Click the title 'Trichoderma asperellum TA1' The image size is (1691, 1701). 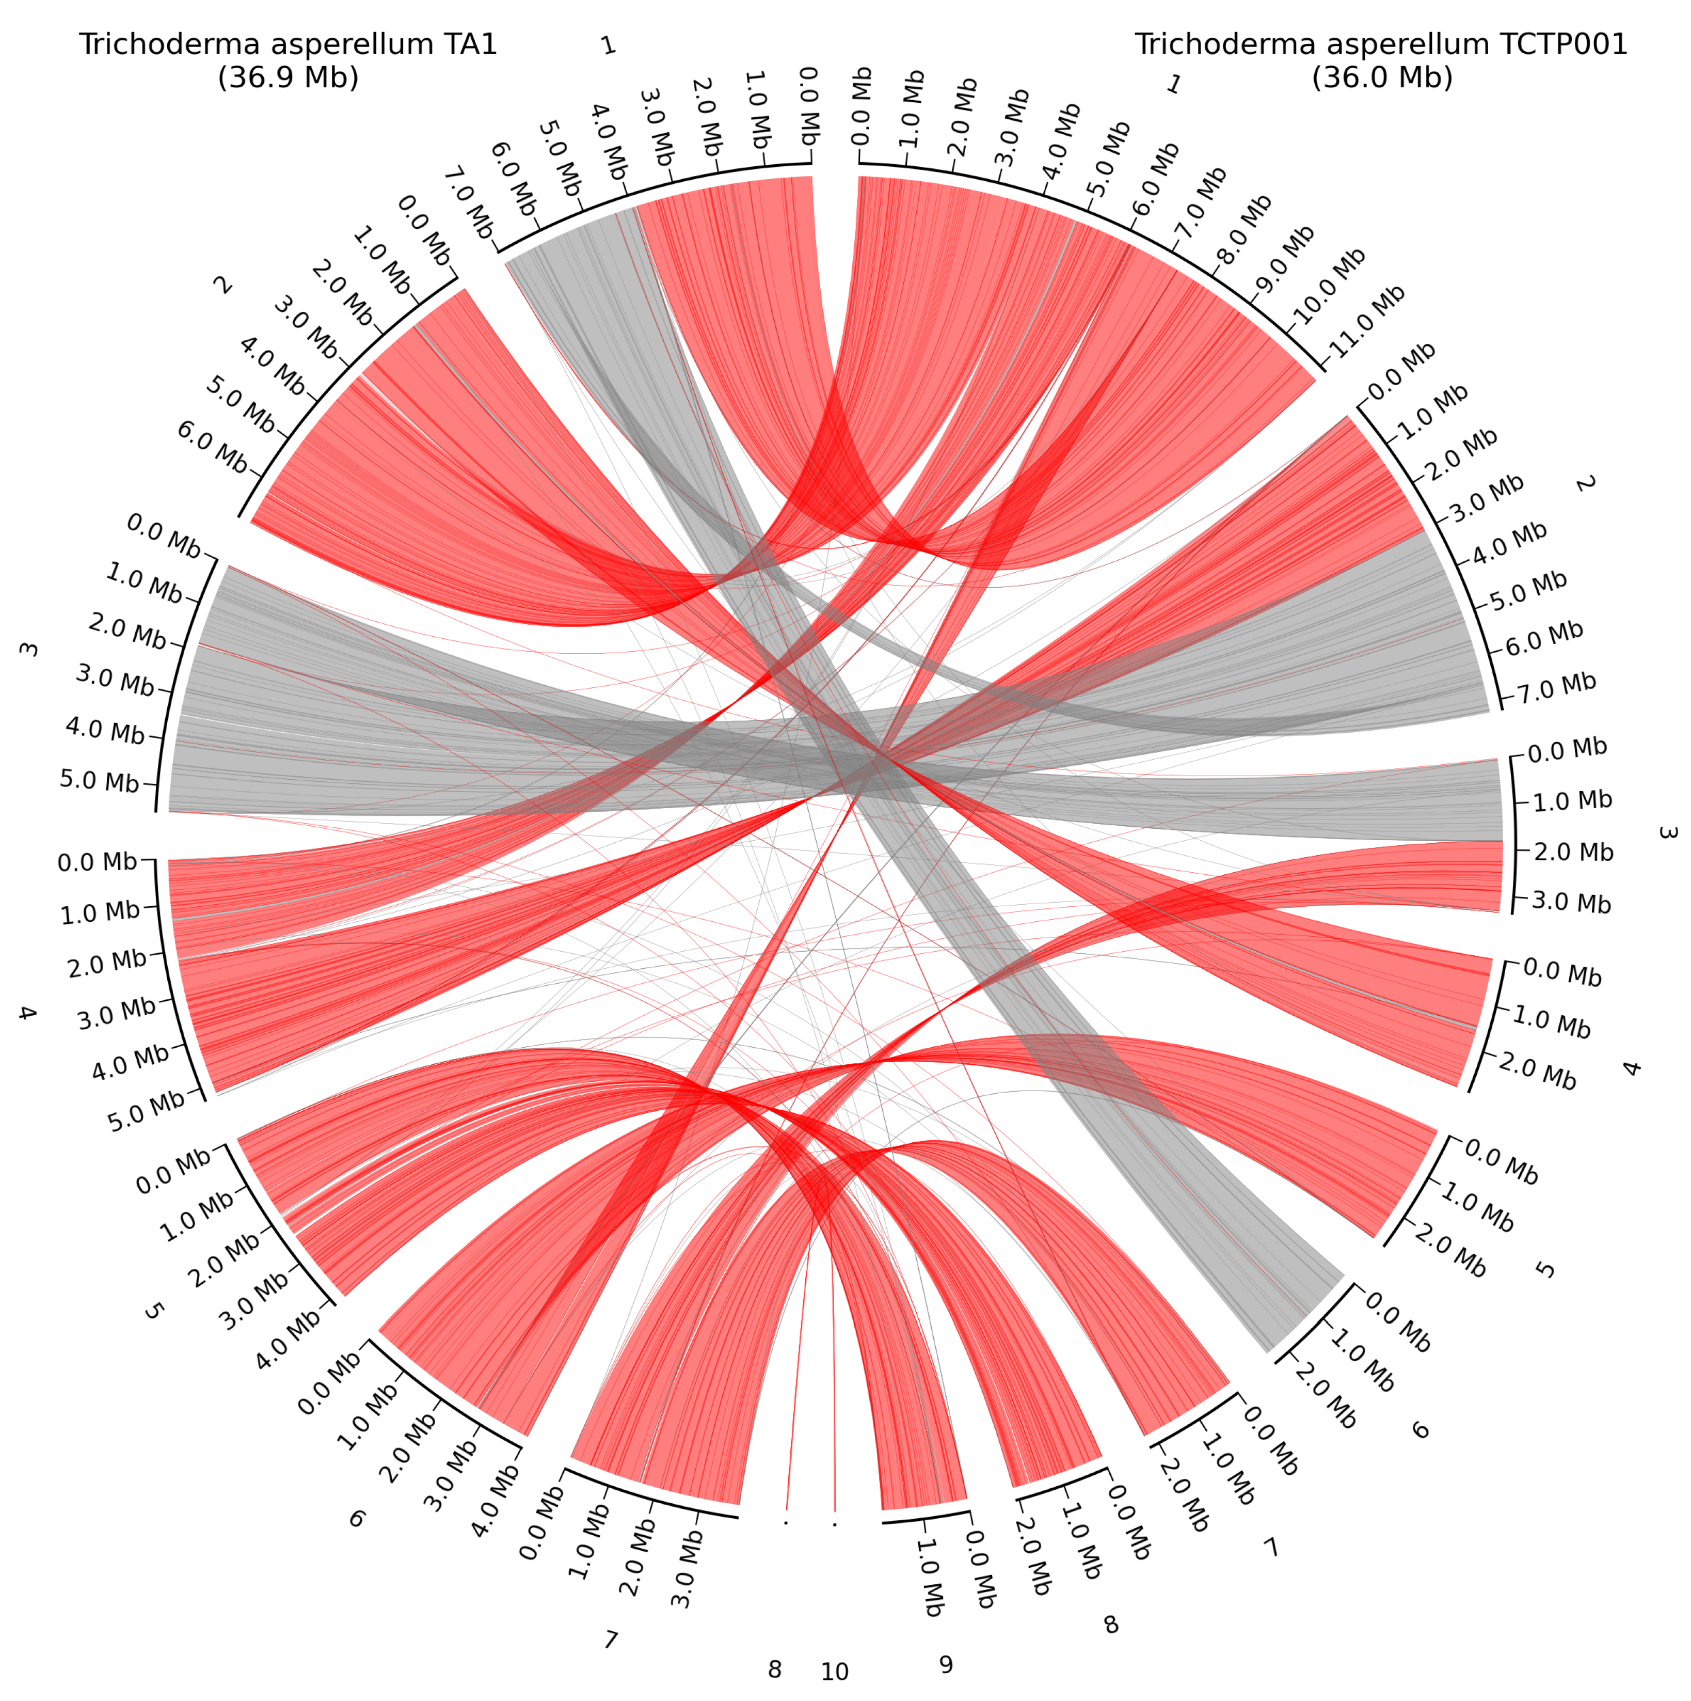point(288,44)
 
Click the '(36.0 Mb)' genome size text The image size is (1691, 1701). point(1381,77)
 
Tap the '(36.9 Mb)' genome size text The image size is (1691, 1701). point(288,77)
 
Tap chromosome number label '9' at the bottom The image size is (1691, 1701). point(946,1664)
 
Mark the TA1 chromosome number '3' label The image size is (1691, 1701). point(28,650)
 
